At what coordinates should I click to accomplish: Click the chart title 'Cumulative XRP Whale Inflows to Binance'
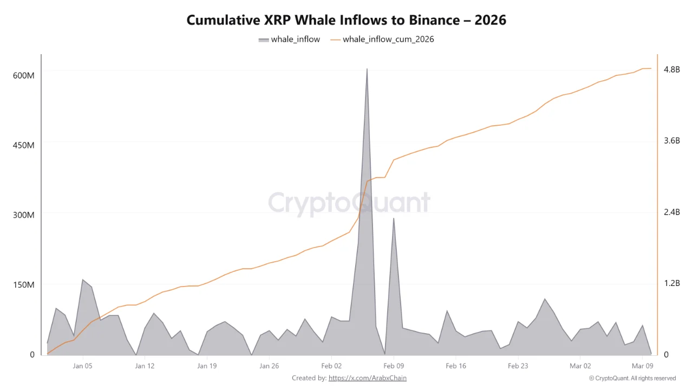pos(346,20)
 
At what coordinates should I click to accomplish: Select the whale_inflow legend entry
pos(289,39)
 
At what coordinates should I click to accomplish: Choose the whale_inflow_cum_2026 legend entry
pos(382,39)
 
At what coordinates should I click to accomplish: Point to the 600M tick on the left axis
pos(23,75)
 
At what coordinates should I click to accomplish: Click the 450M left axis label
pos(23,145)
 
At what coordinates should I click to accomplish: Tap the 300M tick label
pos(23,215)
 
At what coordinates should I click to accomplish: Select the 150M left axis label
pos(23,285)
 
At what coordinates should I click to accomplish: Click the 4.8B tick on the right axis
pos(671,69)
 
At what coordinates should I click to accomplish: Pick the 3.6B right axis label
pos(671,141)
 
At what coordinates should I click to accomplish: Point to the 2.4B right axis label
pos(671,212)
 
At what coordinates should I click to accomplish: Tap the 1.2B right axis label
pos(671,283)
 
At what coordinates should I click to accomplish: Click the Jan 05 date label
pos(82,366)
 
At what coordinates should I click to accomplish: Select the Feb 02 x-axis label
pos(331,366)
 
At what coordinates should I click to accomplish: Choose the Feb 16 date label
pos(456,366)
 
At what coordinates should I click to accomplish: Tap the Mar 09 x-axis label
pos(642,366)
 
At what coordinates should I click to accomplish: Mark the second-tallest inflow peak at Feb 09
pos(394,219)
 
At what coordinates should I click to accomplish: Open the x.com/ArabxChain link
pos(367,378)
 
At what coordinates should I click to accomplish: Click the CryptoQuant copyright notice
pos(632,378)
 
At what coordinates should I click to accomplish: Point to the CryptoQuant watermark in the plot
pos(349,203)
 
